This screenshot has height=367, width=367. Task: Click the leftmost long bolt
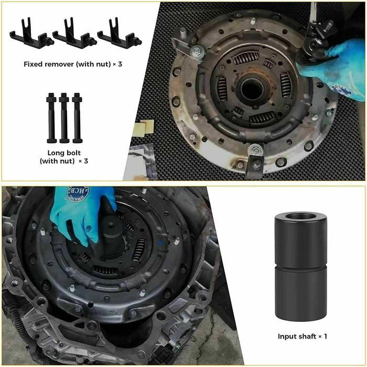(x=51, y=118)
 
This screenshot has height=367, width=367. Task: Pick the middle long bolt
(x=64, y=118)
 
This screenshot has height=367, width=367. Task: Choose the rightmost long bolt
(x=77, y=118)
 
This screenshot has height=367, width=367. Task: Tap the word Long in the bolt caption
(x=56, y=153)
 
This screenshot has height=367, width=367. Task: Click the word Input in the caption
(x=287, y=337)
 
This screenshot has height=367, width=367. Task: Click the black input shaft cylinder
(x=301, y=266)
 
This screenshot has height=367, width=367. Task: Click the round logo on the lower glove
(x=78, y=193)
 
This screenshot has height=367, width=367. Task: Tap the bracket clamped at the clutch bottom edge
(x=255, y=161)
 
